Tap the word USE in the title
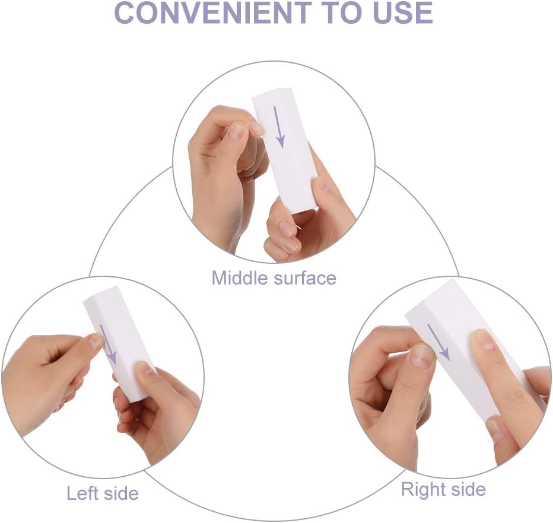coord(396,12)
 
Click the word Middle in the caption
coord(239,278)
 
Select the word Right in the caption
coord(423,489)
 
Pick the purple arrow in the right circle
coord(438,342)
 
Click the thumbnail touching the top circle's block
coord(256,126)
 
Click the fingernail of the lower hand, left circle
coord(145,369)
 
